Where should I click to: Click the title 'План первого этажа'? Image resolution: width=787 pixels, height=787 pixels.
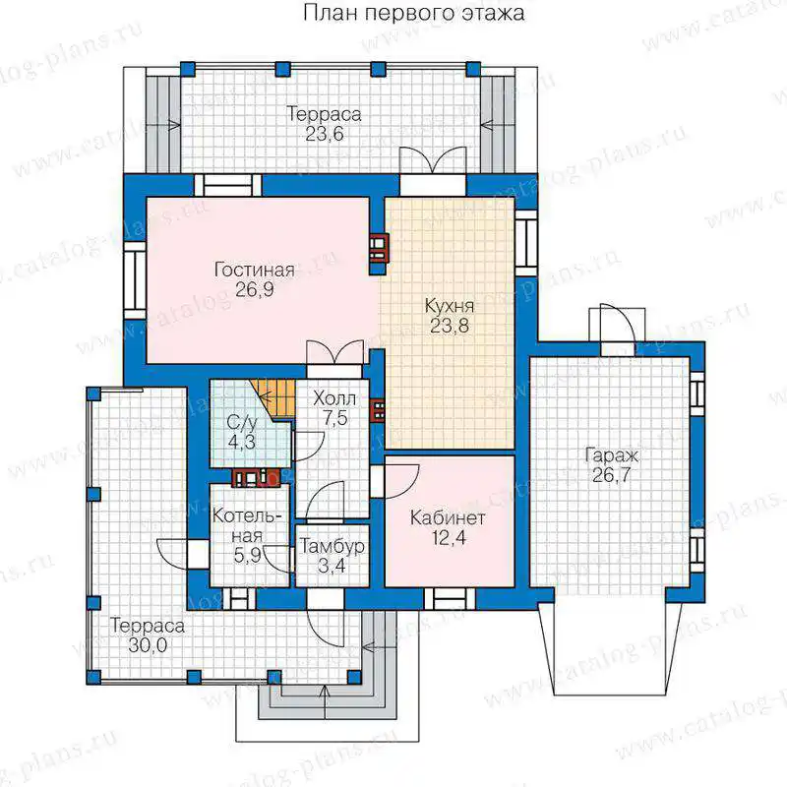pos(413,13)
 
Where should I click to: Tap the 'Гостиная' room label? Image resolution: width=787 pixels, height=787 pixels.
pos(255,270)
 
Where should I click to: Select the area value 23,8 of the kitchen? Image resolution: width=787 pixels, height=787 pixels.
pos(450,326)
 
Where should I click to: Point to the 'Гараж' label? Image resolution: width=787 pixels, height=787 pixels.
pos(611,456)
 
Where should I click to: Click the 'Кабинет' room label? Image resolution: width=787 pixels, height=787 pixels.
pos(448,518)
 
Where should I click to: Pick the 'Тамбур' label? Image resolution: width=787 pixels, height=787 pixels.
pos(332,546)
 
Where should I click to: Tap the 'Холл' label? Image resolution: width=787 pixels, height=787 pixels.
pos(334,399)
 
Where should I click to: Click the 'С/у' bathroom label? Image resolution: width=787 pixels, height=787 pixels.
pos(242,423)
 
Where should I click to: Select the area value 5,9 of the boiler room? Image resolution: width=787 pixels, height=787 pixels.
pos(248,556)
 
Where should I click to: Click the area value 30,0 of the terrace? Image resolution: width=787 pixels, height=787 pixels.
pos(148,645)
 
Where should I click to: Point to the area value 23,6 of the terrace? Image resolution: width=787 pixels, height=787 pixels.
pos(325,134)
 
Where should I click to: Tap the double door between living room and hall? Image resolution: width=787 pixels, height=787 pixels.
pos(334,353)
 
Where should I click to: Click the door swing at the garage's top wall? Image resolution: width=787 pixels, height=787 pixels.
pos(617,324)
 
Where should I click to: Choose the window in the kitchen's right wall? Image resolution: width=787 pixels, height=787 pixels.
pos(526,243)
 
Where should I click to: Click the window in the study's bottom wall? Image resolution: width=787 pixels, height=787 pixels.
pos(450,598)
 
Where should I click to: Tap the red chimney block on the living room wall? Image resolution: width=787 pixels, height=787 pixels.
pos(379,248)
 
